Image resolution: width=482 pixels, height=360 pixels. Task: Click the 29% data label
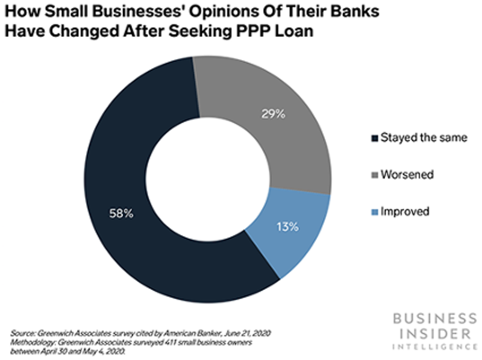click(x=272, y=113)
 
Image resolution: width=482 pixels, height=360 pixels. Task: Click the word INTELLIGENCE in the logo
click(x=432, y=347)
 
